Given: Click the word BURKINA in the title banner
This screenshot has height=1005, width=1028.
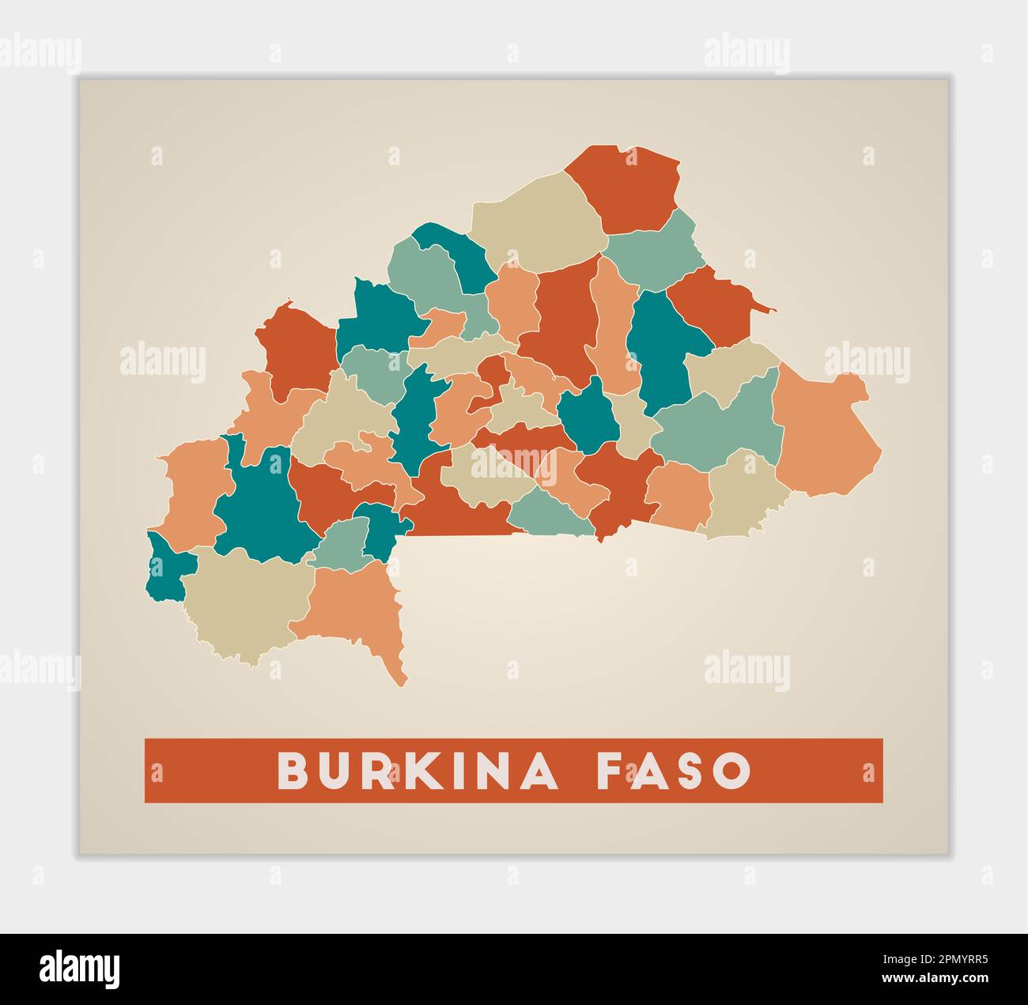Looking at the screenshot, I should tap(418, 770).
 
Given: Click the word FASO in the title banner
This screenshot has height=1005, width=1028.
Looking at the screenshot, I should tap(674, 770).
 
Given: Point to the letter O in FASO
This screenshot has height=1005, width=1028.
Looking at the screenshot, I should tap(733, 770).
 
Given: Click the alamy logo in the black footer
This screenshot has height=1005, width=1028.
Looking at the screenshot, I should tap(80, 969).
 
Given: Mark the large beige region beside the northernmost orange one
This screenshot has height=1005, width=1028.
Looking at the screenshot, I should tap(538, 221).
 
